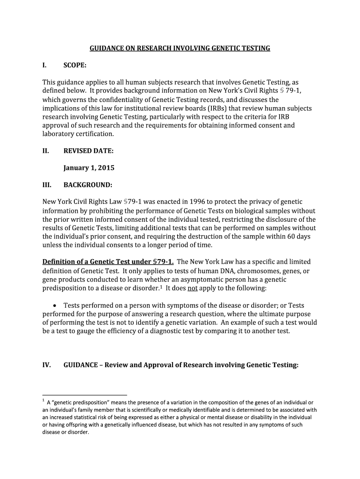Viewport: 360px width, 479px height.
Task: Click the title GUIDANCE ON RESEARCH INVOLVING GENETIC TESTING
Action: pos(180,48)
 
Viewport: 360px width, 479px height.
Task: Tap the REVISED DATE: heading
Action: pos(88,151)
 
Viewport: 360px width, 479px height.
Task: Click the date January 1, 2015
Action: pos(89,168)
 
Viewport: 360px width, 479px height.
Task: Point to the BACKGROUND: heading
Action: pos(87,185)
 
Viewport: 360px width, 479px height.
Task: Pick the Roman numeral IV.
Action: pos(47,365)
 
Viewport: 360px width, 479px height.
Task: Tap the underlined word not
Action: pos(192,288)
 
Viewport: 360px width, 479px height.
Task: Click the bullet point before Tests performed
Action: pos(55,305)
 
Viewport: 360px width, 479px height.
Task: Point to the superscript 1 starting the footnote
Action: pos(43,401)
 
